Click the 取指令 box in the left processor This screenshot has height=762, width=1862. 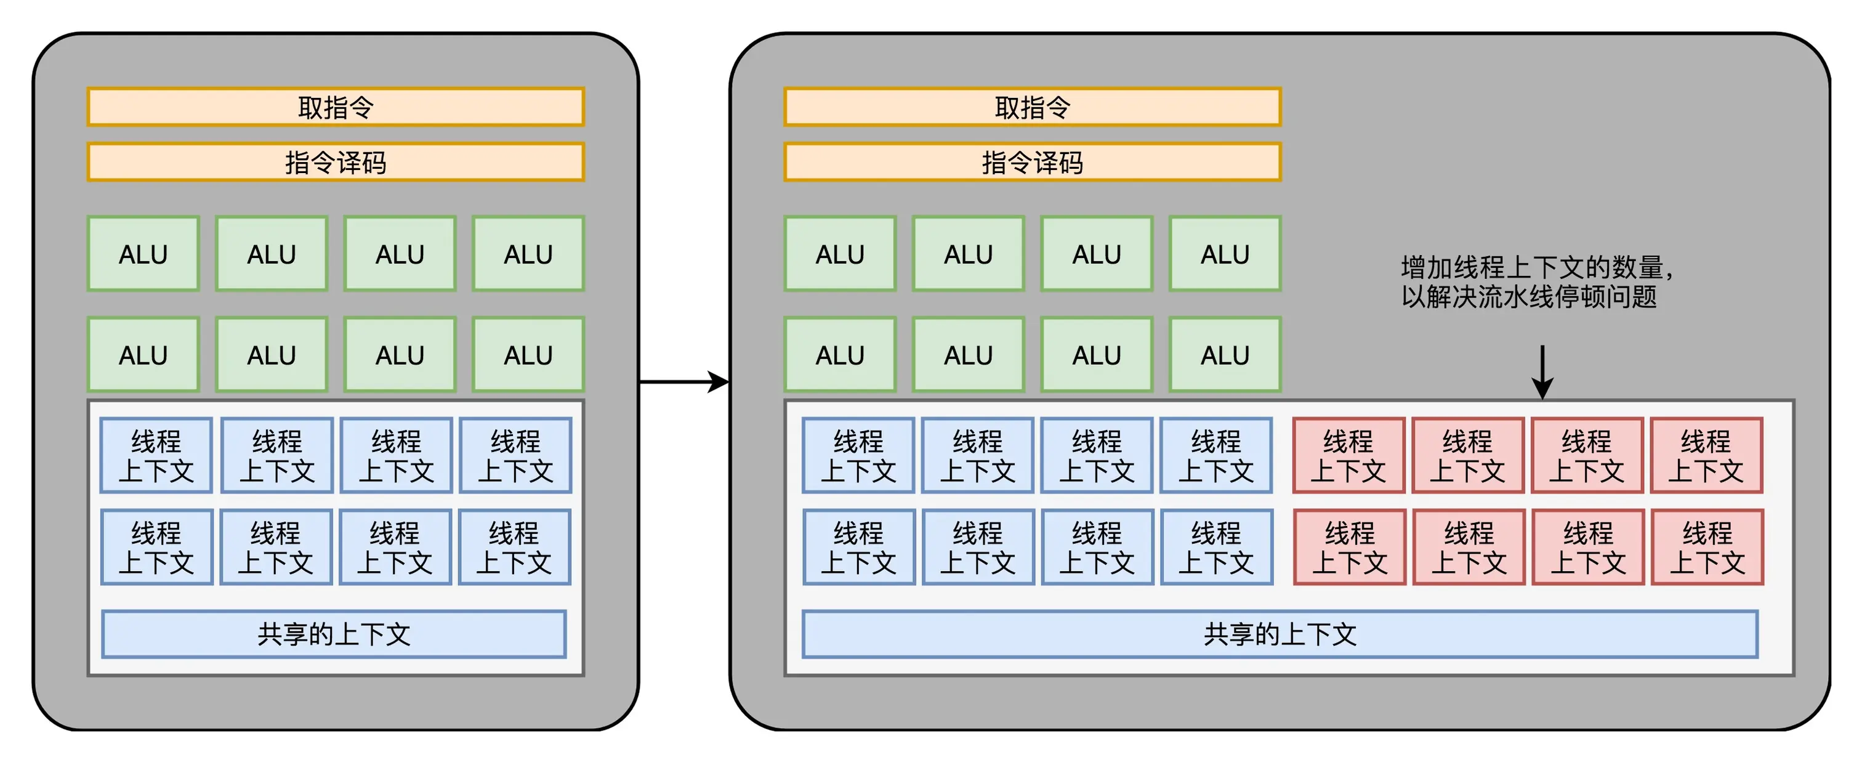(336, 107)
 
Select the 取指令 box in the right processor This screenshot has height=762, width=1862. (1032, 107)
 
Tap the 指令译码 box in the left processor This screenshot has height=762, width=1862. (336, 162)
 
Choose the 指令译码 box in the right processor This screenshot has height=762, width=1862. (1032, 162)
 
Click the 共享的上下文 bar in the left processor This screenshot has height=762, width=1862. (334, 634)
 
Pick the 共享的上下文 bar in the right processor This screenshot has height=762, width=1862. (1280, 634)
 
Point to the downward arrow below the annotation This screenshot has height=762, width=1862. (1542, 371)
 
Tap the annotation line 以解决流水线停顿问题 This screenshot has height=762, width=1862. (1529, 296)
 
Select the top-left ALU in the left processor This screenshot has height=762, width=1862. (143, 254)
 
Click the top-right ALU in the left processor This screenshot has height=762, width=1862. (528, 254)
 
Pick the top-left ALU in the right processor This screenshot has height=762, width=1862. (840, 254)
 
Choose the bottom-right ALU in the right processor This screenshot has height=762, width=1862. (1225, 354)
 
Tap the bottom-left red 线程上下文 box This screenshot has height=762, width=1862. (1350, 547)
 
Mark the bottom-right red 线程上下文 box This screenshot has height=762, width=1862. (1707, 547)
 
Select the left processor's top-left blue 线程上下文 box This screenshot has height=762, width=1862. (156, 455)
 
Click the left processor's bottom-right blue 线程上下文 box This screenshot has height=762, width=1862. (514, 547)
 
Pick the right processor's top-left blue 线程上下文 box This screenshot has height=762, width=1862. (858, 455)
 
